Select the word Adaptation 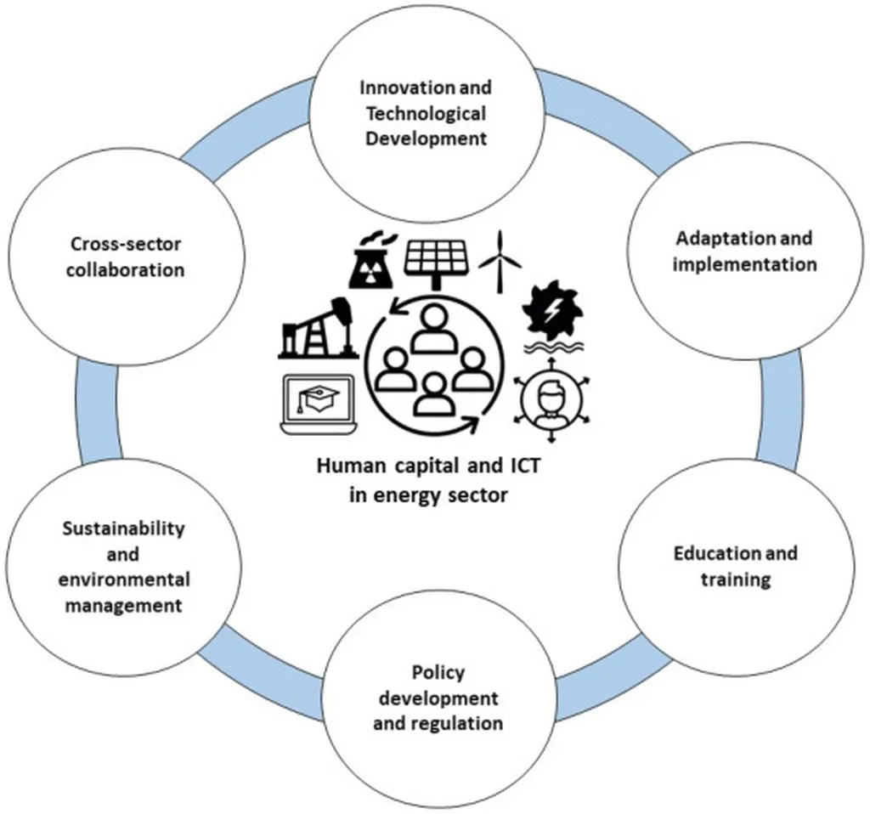715,239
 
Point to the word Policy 438,674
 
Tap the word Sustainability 123,529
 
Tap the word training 736,580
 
